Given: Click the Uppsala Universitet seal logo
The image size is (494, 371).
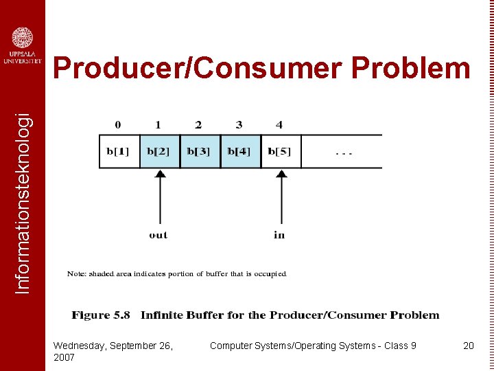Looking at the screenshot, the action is coord(23,37).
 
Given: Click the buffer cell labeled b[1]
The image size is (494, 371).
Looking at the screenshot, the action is coord(119,151).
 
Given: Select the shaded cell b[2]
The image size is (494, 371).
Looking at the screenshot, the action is coord(159,151).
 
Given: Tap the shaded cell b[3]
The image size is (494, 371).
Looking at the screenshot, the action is coord(199,151).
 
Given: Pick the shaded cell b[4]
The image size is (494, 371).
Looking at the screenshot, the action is coord(239,151).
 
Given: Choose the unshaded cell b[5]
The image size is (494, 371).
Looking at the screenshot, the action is coord(280,151).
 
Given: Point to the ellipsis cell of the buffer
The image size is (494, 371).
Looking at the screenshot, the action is coord(342,151).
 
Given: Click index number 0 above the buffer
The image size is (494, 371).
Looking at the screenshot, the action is coord(118,125).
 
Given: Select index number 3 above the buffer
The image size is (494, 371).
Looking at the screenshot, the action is coord(239,125).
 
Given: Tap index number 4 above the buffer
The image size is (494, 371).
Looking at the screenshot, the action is coord(279,125).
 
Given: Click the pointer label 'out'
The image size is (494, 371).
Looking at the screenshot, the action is coord(158,235).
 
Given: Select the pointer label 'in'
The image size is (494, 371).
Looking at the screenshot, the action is coord(279,235).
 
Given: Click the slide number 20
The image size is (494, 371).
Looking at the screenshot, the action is coord(469,346).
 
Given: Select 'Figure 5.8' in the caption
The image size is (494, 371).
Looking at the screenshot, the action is coord(101,315).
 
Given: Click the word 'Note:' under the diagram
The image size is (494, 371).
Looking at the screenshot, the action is coord(77,274).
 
